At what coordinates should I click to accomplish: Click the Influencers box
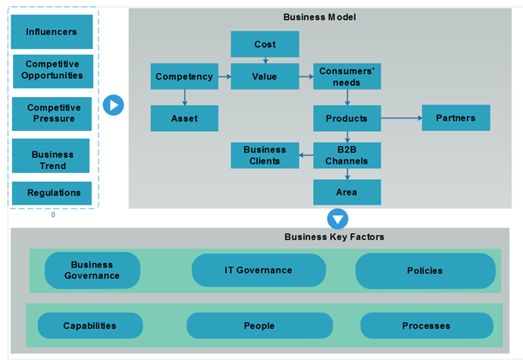click(x=52, y=32)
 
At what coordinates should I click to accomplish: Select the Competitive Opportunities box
click(x=52, y=70)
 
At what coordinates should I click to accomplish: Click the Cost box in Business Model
click(x=265, y=44)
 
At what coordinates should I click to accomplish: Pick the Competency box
click(x=184, y=77)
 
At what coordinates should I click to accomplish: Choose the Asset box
click(x=184, y=118)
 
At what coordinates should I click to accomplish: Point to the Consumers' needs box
click(x=346, y=77)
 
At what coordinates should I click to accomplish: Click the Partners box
click(x=456, y=118)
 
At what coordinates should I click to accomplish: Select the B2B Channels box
click(x=346, y=155)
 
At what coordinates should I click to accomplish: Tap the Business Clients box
click(x=265, y=155)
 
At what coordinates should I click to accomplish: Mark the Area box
click(x=346, y=192)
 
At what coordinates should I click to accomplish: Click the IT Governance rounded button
click(x=258, y=271)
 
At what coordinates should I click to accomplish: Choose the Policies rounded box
click(x=424, y=271)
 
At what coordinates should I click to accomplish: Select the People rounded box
click(x=259, y=326)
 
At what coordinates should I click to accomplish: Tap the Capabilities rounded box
click(x=89, y=326)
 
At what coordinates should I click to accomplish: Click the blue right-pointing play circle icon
click(x=113, y=105)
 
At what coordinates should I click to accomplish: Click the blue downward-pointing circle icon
click(x=337, y=219)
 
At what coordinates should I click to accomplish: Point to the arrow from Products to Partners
click(x=401, y=118)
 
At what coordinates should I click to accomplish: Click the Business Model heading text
click(x=319, y=17)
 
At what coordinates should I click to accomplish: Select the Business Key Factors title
click(x=334, y=237)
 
